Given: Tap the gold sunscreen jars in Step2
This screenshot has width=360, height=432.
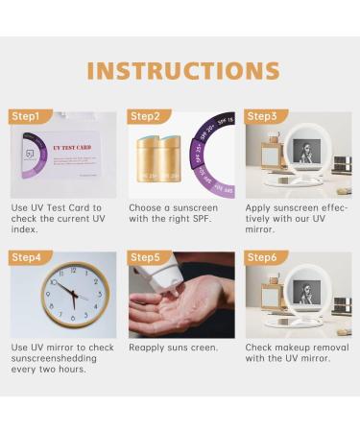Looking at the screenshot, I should tap(158, 159).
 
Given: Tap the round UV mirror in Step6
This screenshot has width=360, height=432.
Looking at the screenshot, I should tap(307, 294).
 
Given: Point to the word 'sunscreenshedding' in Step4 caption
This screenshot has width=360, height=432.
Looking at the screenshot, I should tap(55, 358).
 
